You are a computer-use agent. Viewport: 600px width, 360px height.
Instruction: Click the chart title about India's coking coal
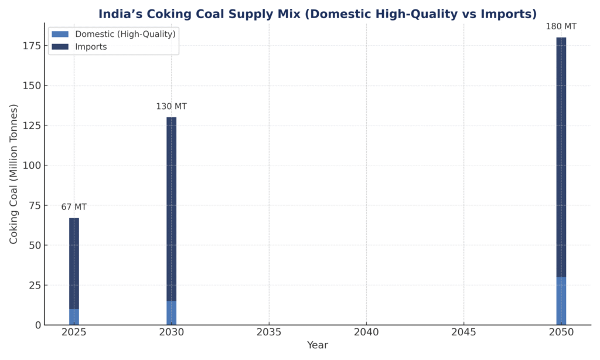point(317,13)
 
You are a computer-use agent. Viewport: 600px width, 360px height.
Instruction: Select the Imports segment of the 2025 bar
point(74,264)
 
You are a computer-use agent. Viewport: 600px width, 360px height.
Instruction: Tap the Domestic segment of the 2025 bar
point(74,317)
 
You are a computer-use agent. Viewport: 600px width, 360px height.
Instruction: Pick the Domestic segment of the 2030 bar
point(171,313)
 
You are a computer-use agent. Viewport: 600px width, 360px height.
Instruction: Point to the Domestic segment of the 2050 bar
point(561,301)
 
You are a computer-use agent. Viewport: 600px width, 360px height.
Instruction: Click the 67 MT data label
point(74,207)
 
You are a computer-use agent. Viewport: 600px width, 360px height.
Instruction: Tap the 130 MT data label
point(171,106)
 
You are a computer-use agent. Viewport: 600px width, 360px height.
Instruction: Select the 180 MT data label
point(561,26)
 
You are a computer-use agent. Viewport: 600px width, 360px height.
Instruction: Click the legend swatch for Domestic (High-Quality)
point(60,34)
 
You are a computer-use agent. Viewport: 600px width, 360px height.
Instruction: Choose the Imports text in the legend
point(91,47)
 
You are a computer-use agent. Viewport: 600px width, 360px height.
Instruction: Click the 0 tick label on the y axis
point(37,325)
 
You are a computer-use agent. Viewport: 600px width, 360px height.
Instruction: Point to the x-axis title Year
point(317,345)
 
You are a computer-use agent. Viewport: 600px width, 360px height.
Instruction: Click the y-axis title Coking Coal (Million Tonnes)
point(13,174)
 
